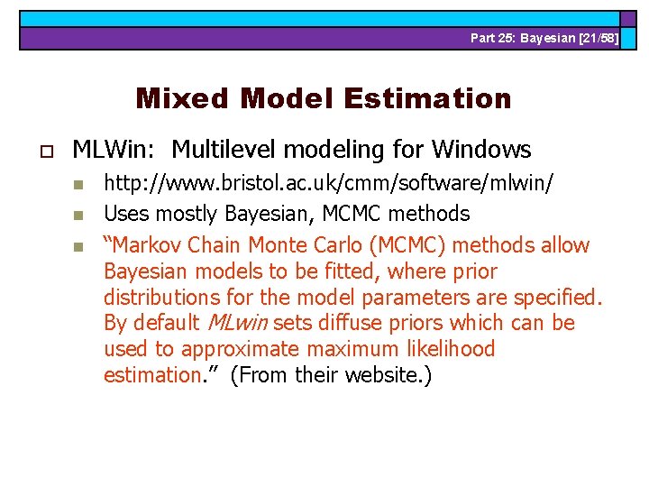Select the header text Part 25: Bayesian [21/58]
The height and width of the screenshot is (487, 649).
pos(544,39)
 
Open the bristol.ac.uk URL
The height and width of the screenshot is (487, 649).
pos(329,185)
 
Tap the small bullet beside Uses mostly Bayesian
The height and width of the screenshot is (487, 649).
pos(78,216)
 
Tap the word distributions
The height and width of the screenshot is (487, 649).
pos(160,297)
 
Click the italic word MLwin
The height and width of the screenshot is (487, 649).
pos(238,323)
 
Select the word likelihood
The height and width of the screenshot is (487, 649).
pos(447,349)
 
